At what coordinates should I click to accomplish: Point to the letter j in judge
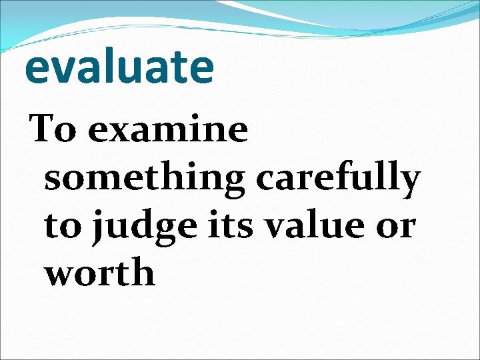(x=97, y=228)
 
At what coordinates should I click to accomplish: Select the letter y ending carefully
(x=409, y=184)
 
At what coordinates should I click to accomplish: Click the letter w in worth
(x=59, y=274)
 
